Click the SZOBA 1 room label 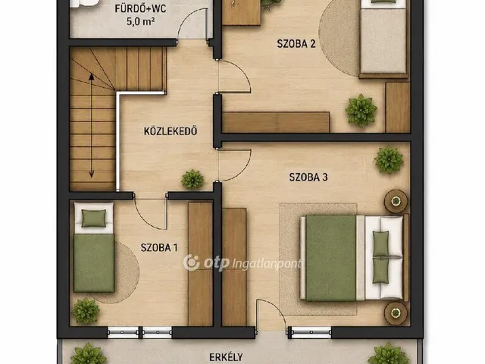click(159, 248)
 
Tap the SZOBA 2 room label click(296, 44)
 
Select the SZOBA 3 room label click(308, 177)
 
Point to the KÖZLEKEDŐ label click(171, 131)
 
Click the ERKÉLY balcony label click(226, 357)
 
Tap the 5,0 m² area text click(141, 21)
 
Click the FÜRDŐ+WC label click(140, 8)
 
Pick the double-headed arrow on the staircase click(92, 126)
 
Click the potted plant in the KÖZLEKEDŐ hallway click(192, 179)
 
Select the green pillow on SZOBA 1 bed click(94, 218)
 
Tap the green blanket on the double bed click(330, 258)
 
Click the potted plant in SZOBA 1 click(86, 311)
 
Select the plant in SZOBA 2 click(361, 111)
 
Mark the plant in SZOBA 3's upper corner click(389, 160)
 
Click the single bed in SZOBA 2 click(383, 39)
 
